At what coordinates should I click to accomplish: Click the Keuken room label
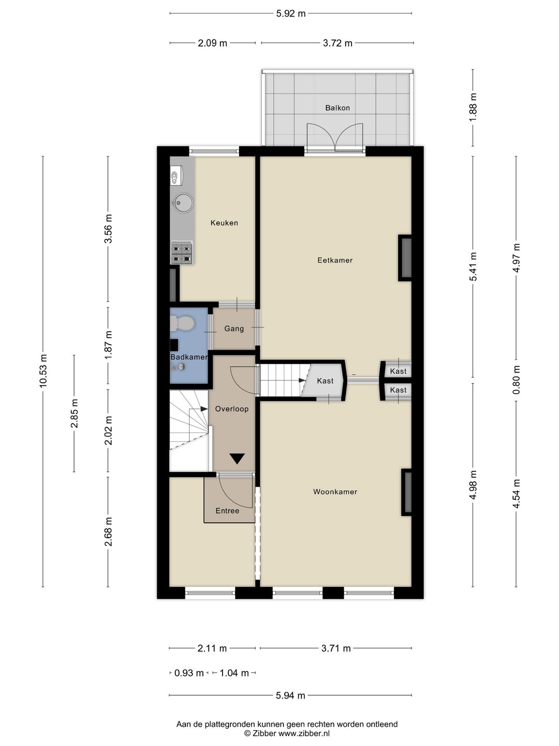(x=224, y=223)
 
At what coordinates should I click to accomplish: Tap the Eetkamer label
(x=335, y=261)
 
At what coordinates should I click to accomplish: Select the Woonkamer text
(x=335, y=492)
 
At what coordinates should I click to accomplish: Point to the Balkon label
(x=337, y=108)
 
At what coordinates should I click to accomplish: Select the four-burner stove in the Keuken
(x=182, y=253)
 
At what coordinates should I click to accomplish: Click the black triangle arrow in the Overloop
(x=237, y=458)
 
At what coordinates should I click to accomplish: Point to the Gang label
(x=234, y=328)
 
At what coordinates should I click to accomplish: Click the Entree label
(x=227, y=511)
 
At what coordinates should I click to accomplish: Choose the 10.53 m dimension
(x=43, y=371)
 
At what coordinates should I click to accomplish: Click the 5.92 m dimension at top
(x=291, y=13)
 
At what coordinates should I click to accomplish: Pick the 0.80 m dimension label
(x=516, y=380)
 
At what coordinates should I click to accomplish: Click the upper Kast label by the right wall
(x=398, y=371)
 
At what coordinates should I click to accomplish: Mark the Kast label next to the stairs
(x=325, y=381)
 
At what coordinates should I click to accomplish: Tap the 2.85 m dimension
(x=75, y=413)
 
